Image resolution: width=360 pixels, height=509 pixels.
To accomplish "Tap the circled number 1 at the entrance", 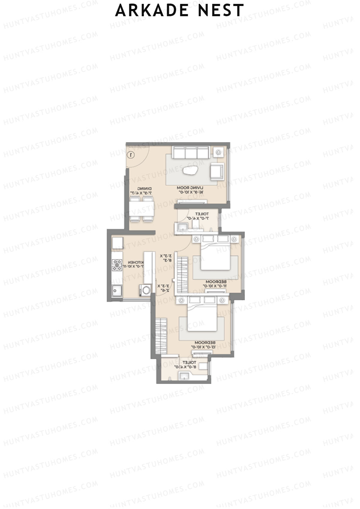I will point(131,155).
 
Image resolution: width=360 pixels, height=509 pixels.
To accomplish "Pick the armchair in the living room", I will point(216,171).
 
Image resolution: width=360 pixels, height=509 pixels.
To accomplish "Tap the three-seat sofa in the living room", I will point(190,152).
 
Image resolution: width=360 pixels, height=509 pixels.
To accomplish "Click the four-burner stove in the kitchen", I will point(117,265).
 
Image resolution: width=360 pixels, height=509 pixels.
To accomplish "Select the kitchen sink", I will point(117,290).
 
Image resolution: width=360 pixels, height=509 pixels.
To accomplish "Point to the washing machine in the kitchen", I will point(145,290).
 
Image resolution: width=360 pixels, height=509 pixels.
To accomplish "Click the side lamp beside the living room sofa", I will point(219,152).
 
